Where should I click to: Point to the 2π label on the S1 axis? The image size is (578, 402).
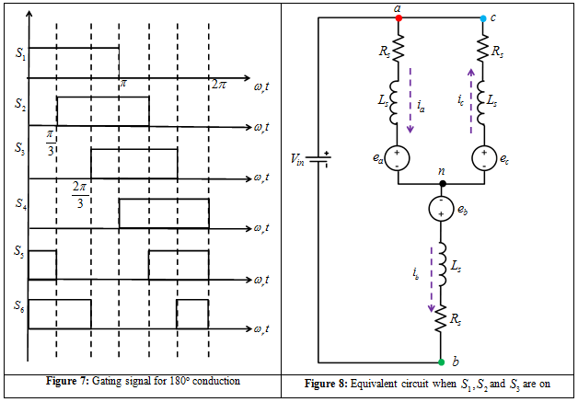218,85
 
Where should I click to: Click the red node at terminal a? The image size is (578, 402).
398,17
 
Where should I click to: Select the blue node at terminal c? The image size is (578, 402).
484,17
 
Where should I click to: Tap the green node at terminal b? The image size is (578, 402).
442,362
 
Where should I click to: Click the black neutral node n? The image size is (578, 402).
443,183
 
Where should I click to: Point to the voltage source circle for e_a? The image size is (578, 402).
398,157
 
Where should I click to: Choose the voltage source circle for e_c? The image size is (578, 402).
484,157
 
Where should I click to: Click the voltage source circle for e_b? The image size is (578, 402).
443,208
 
